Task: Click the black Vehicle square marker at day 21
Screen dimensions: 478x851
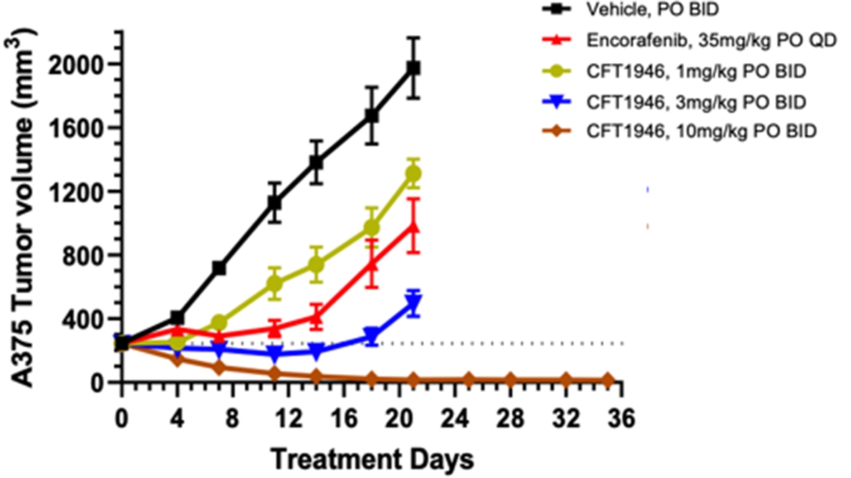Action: click(x=413, y=67)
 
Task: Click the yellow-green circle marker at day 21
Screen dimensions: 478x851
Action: click(x=413, y=173)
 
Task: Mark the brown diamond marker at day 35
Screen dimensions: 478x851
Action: click(x=607, y=380)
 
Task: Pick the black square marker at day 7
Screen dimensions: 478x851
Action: click(x=219, y=268)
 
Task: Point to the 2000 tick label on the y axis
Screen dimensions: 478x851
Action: click(x=76, y=64)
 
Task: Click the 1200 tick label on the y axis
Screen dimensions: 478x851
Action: click(x=76, y=191)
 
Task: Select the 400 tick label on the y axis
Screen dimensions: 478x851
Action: click(x=82, y=319)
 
